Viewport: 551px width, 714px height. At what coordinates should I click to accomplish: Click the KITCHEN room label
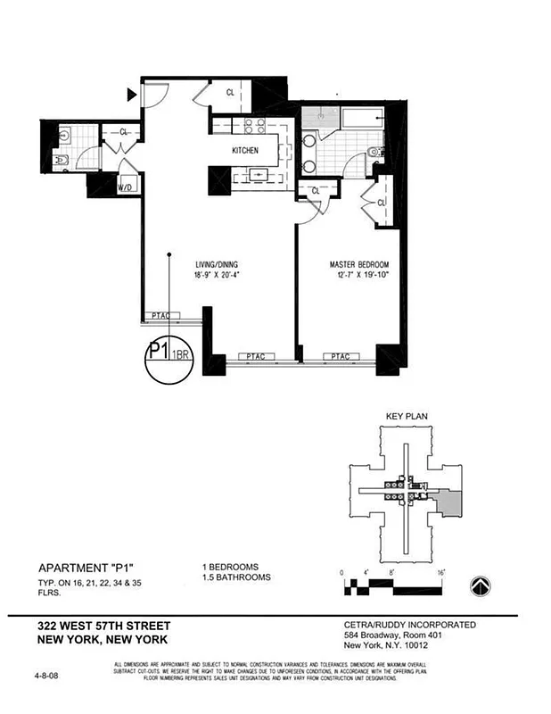[x=245, y=151]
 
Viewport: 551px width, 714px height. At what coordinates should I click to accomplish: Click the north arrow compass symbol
[x=481, y=585]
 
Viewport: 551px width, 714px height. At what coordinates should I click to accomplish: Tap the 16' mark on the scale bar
[x=440, y=571]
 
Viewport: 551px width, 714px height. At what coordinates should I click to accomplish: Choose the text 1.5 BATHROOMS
[x=235, y=577]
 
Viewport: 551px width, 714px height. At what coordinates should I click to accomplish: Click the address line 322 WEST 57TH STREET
[x=103, y=626]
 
